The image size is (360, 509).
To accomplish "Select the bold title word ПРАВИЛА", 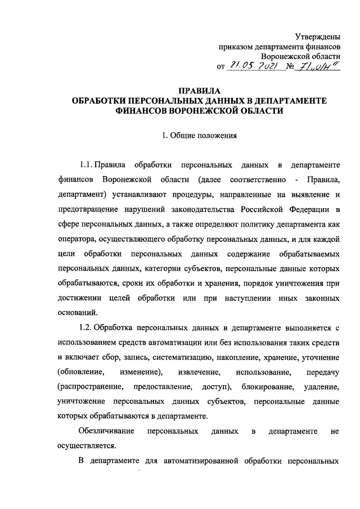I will (199, 91).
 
